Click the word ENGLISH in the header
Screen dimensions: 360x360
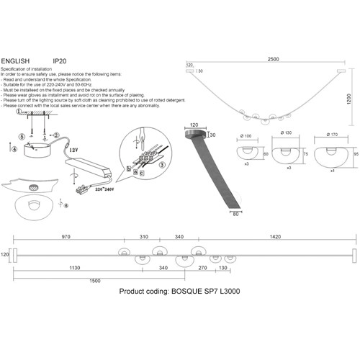point(16,62)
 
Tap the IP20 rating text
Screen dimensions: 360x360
point(60,62)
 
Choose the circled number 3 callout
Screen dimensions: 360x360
point(163,164)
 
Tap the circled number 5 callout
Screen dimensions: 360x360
point(22,136)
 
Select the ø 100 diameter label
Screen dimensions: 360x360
point(246,135)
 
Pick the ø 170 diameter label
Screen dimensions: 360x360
point(332,135)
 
